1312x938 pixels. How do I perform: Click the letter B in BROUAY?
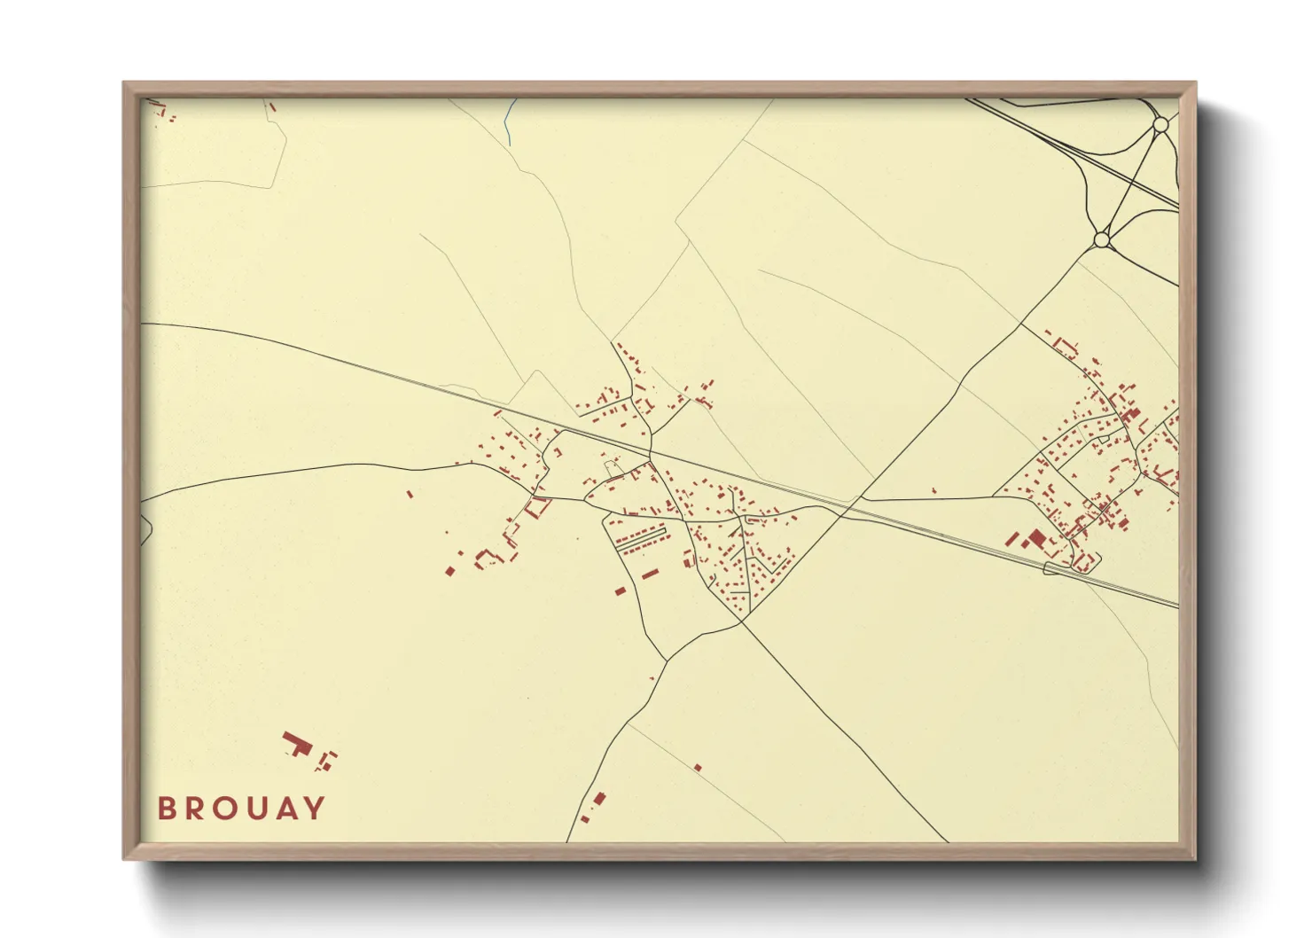point(167,809)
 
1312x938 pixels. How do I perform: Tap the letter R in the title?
point(196,809)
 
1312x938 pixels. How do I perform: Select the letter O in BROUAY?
point(226,809)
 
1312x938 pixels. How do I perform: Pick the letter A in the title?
point(285,809)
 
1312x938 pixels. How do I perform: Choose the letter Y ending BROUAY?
point(315,809)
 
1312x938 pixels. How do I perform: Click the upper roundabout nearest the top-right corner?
point(1160,126)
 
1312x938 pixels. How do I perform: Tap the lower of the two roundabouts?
point(1101,239)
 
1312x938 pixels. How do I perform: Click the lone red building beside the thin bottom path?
point(698,767)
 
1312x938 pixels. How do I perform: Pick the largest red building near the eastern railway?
point(1036,538)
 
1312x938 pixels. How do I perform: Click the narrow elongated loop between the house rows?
point(640,538)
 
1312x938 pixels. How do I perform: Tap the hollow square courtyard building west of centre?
point(538,508)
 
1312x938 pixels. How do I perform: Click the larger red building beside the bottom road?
point(598,800)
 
